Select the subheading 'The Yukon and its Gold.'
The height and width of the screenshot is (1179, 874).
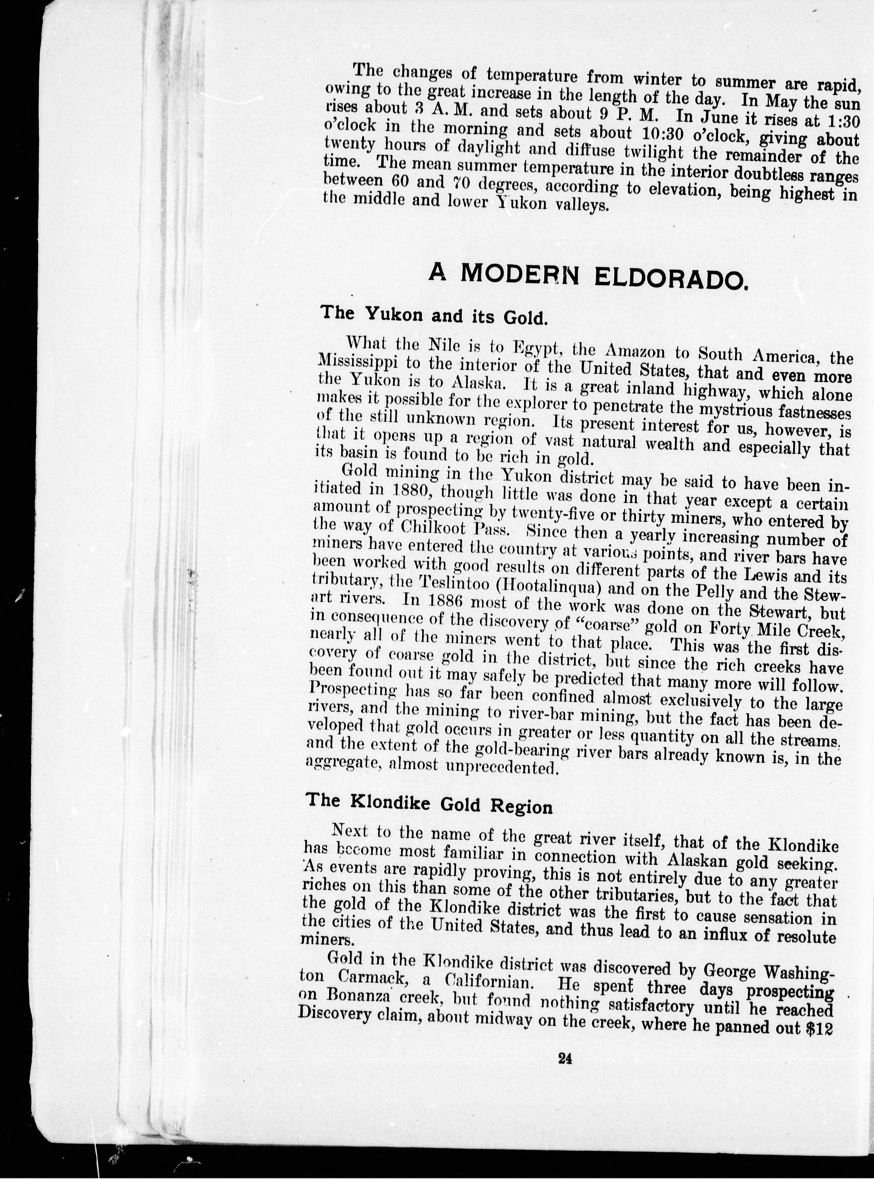[433, 316]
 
